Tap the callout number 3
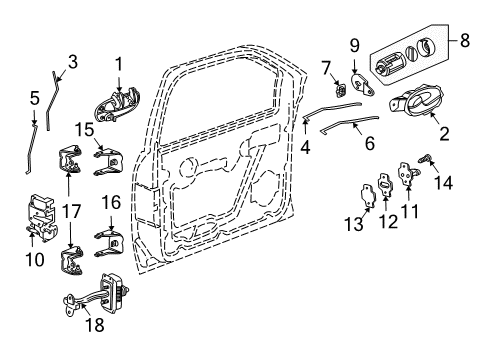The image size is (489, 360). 71,62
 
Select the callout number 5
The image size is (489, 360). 34,98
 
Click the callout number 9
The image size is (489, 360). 353,45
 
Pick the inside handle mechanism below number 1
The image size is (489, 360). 118,104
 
